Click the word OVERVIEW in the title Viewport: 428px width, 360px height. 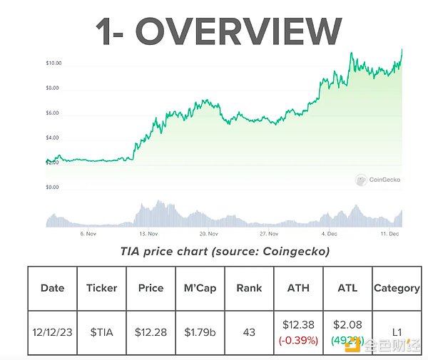coord(239,31)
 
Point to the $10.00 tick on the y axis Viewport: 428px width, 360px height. coord(53,63)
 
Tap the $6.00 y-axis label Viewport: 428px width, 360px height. coord(53,113)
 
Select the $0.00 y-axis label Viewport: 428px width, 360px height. coord(53,187)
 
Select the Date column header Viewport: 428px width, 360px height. coord(52,289)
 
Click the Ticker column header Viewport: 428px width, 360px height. coord(101,289)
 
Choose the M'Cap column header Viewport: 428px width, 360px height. coord(200,289)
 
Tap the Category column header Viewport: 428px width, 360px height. coord(397,289)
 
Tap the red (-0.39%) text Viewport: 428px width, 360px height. coord(298,341)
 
